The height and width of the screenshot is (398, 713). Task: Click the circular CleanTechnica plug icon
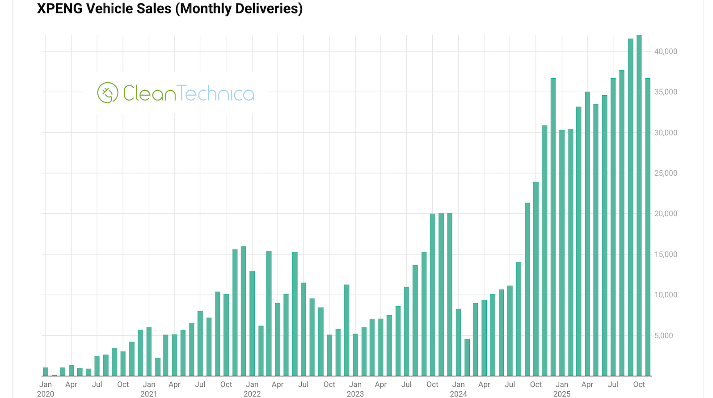108,93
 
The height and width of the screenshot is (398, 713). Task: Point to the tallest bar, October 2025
639,206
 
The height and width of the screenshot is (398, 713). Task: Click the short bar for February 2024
467,357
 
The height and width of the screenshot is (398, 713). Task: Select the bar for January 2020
46,372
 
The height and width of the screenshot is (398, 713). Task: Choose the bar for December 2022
346,330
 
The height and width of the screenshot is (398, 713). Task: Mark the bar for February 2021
157,367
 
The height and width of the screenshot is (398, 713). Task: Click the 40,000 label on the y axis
666,51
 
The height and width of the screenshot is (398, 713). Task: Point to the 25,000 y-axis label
666,173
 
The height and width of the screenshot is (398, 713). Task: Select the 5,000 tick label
663,335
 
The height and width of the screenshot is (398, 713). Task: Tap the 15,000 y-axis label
666,254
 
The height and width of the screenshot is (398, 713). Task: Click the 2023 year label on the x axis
355,394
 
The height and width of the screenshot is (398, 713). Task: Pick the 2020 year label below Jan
46,394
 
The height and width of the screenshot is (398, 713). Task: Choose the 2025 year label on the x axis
562,394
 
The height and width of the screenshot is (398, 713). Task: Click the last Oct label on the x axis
639,385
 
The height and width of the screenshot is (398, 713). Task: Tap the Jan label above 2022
252,385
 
